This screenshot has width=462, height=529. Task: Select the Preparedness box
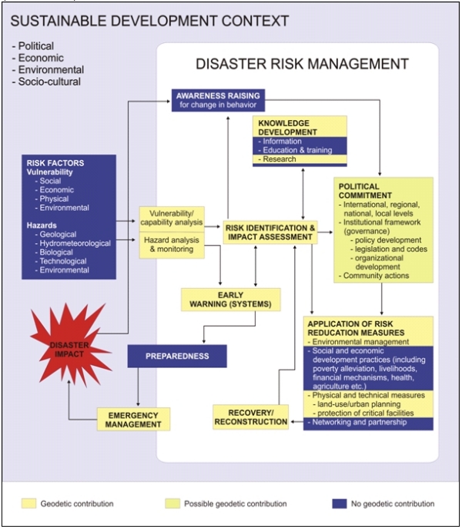click(178, 357)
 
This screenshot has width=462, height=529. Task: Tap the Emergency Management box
click(133, 419)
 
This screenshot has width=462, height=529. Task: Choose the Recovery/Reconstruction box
click(251, 417)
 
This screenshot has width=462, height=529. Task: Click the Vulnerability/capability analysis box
click(170, 218)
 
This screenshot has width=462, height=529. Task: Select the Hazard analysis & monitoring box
click(170, 245)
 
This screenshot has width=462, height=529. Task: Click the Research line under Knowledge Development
click(282, 159)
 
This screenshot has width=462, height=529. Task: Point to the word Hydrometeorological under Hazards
click(75, 243)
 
